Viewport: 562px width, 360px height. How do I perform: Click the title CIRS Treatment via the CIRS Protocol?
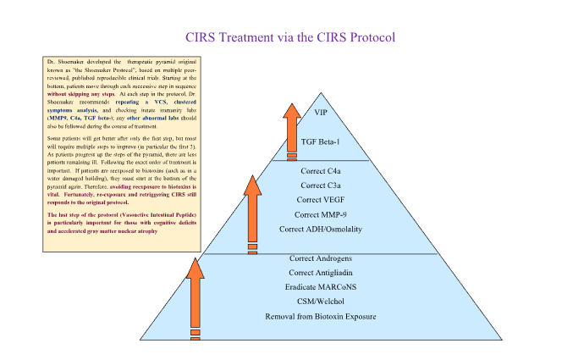tap(290, 37)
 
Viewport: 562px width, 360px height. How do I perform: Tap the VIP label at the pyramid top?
tap(320, 112)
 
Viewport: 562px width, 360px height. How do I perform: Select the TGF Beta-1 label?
tap(320, 141)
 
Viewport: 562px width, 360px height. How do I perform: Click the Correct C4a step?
tap(320, 170)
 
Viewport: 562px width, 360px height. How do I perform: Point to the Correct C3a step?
tap(320, 185)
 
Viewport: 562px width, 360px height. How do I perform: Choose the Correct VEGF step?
tap(320, 200)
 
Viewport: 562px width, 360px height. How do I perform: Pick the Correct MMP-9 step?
tap(320, 214)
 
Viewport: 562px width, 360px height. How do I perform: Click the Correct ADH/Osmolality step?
tap(320, 230)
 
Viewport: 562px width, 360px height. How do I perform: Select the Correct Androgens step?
tap(320, 258)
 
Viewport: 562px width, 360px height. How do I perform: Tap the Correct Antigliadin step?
tap(320, 272)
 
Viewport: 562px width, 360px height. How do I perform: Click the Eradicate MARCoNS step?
tap(320, 286)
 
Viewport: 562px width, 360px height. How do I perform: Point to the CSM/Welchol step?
tap(320, 301)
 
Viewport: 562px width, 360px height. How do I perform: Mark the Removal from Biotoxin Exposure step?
tap(320, 316)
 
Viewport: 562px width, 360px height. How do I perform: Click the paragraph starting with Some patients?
tap(113, 170)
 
